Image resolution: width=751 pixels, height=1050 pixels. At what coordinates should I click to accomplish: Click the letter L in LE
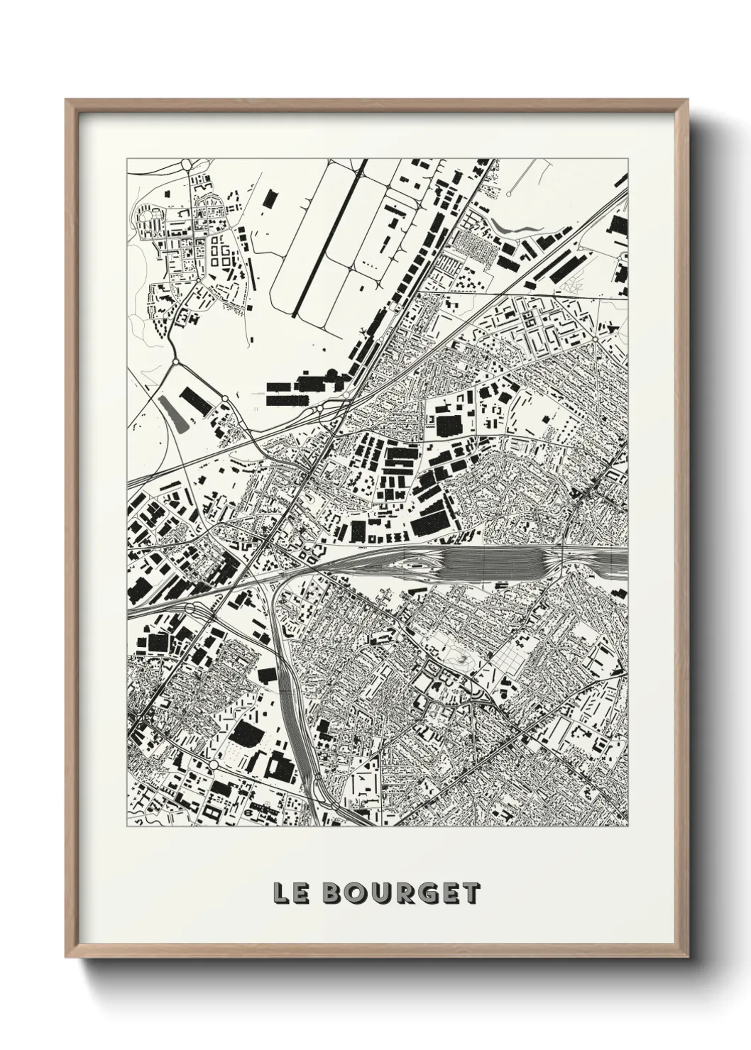[x=282, y=892]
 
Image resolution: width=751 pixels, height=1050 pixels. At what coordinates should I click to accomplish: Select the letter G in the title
[x=428, y=892]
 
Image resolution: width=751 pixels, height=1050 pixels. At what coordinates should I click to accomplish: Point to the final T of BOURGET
[x=471, y=892]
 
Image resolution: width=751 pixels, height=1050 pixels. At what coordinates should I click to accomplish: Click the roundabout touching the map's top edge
[x=187, y=164]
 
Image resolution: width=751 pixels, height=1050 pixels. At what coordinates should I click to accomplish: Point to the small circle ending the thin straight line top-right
[x=509, y=192]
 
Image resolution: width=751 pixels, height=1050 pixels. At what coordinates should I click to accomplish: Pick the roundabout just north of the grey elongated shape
[x=175, y=362]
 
